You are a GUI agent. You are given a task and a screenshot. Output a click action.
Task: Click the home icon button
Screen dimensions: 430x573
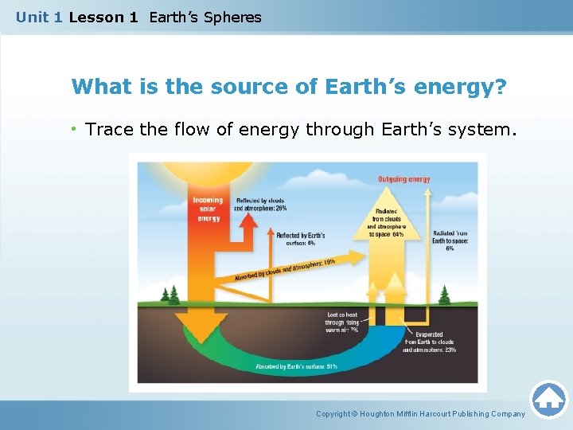[x=548, y=398]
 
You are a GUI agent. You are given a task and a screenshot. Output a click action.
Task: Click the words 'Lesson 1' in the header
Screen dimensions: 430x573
[x=103, y=17]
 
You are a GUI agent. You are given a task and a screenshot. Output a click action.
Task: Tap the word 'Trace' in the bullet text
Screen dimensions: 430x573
[x=109, y=129]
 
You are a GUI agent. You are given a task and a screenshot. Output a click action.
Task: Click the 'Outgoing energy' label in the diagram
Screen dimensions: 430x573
[x=403, y=179]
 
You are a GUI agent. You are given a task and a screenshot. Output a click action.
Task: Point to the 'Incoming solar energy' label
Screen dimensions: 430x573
[x=208, y=209]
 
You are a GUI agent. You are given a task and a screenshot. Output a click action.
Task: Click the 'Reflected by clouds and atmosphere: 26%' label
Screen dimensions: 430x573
[x=260, y=204]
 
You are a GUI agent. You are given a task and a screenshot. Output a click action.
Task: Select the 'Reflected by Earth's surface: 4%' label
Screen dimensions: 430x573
[x=300, y=239]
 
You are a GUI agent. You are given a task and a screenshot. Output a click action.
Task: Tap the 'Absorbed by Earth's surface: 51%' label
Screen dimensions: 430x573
[x=296, y=367]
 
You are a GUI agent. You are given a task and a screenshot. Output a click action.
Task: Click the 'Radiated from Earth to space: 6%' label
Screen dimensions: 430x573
[x=450, y=240]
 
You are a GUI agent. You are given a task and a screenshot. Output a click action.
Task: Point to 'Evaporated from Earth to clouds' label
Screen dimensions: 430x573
[x=429, y=342]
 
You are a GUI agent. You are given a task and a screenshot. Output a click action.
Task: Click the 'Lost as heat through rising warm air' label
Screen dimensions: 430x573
[x=342, y=322]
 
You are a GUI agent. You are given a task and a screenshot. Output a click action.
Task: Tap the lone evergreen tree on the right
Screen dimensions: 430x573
[x=444, y=295]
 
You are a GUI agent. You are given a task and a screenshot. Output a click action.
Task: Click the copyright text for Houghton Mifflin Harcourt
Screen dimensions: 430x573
[x=420, y=414]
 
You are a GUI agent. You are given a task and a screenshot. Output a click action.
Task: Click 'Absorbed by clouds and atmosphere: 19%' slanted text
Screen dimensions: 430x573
[x=285, y=269]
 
